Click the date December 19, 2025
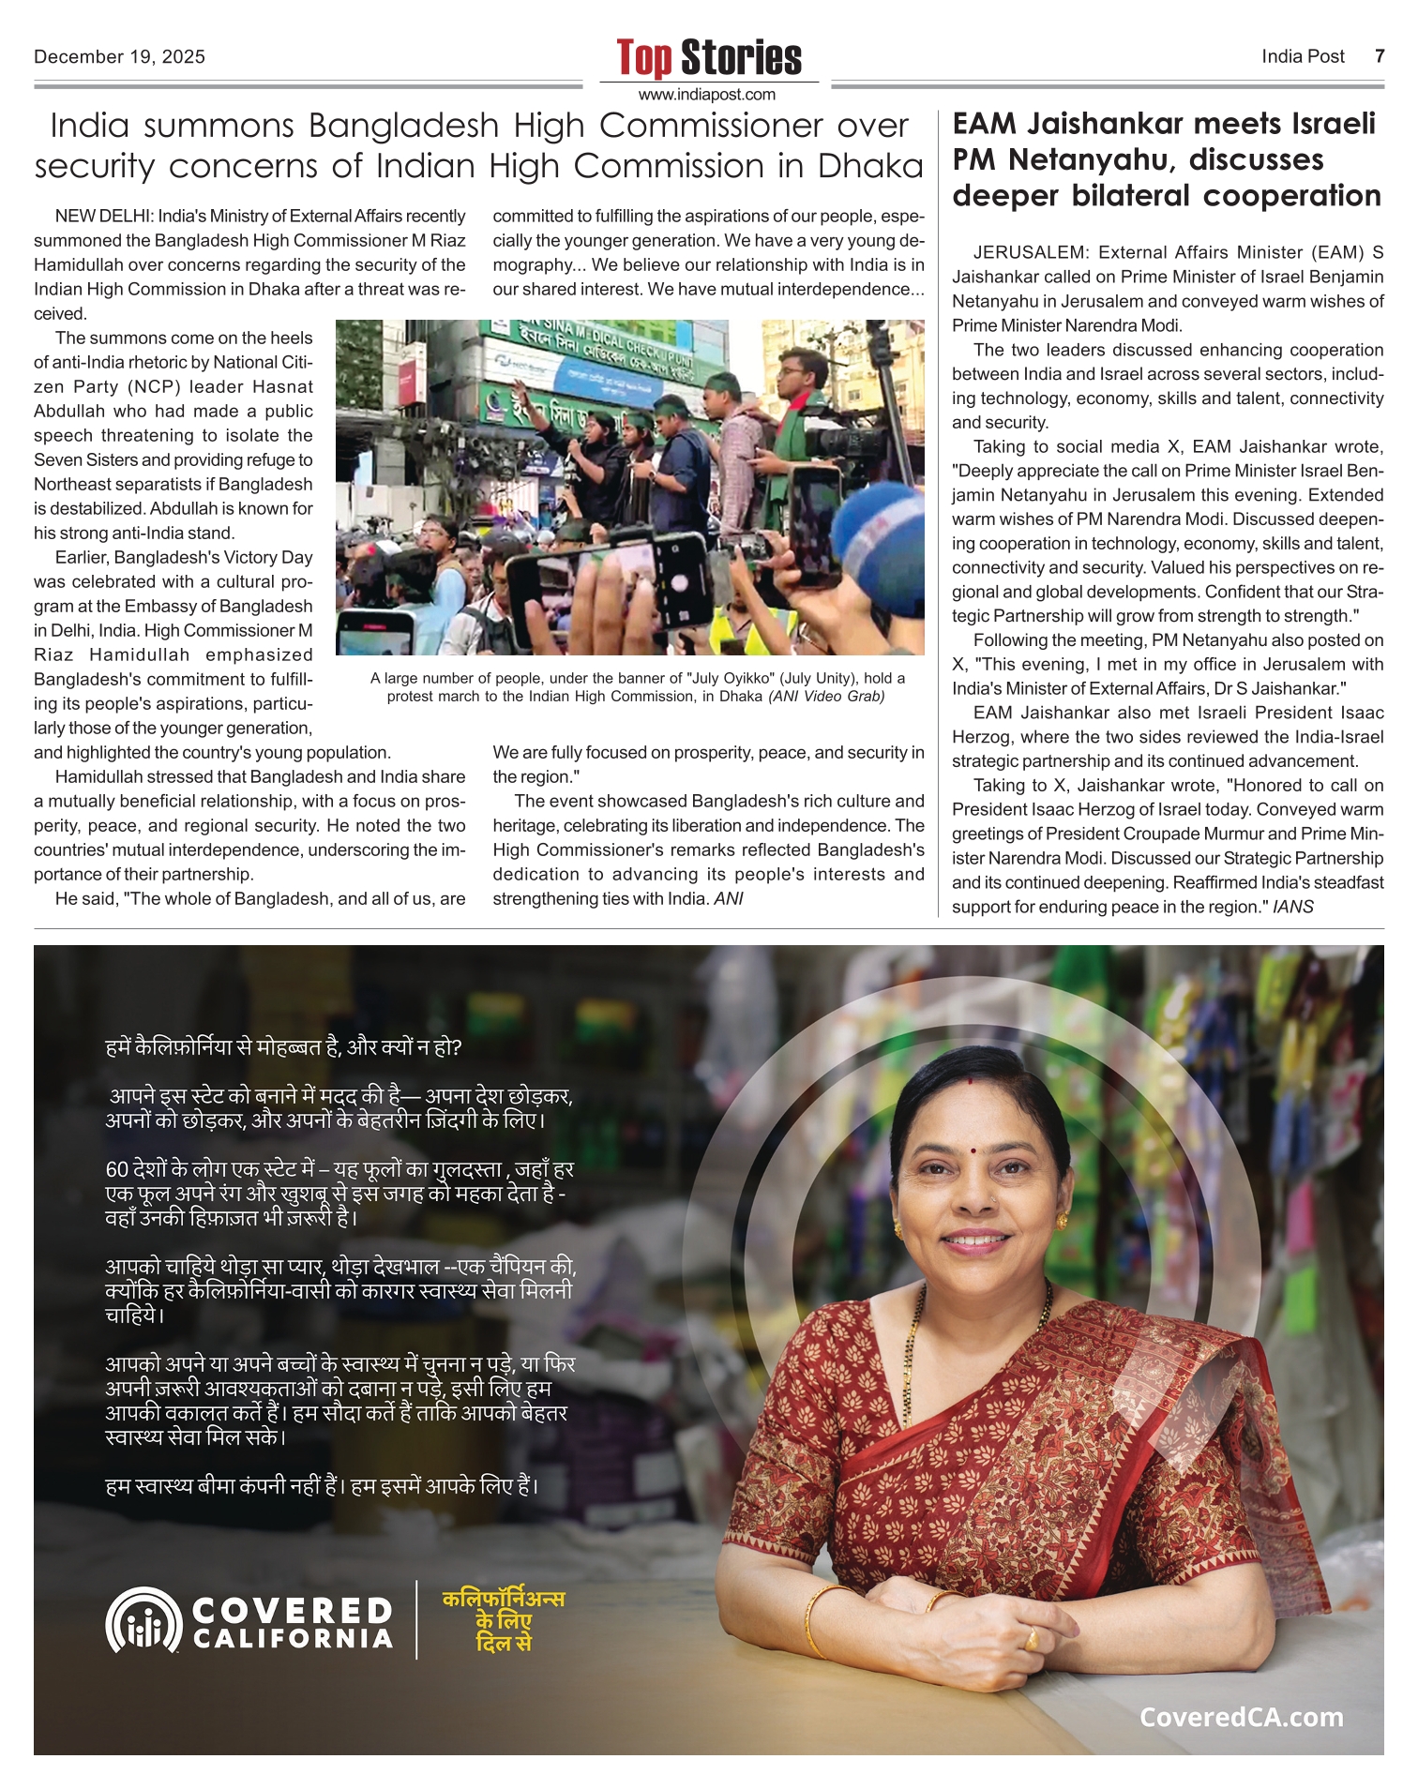(x=119, y=57)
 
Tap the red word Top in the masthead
(x=644, y=58)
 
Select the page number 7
(x=1379, y=56)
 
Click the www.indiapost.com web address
(x=707, y=95)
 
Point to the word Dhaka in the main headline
(x=870, y=166)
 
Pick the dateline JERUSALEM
(x=1030, y=252)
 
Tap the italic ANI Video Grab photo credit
(x=826, y=697)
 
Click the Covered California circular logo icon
(x=143, y=1620)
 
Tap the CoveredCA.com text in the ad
(x=1241, y=1717)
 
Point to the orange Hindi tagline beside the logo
(x=504, y=1620)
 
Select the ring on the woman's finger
(x=1031, y=1638)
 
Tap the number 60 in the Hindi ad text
(x=116, y=1170)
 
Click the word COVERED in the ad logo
(x=292, y=1611)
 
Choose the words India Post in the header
(x=1303, y=56)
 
